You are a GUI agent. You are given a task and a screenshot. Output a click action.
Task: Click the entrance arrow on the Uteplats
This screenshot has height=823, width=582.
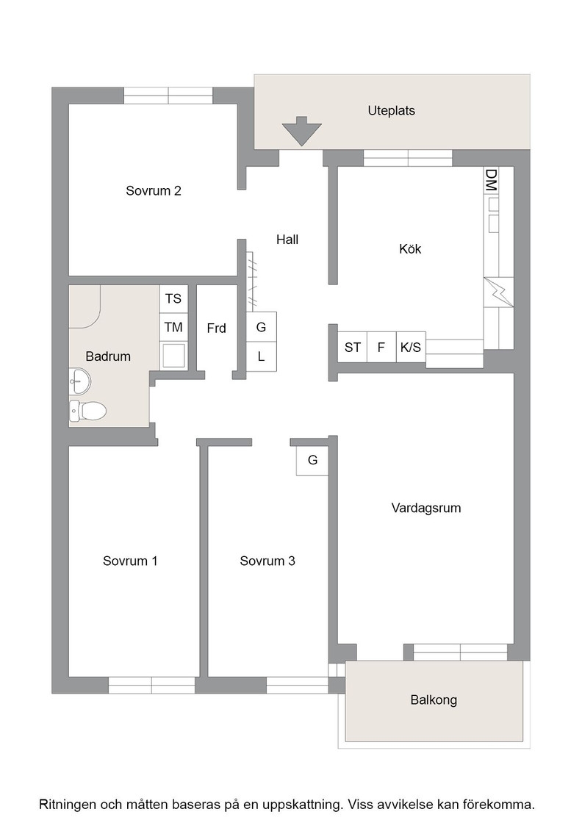(x=301, y=131)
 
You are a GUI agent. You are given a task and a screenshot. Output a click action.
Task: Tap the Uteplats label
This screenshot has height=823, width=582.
(x=392, y=111)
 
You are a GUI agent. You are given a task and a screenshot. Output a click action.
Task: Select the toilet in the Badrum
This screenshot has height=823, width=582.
(x=87, y=411)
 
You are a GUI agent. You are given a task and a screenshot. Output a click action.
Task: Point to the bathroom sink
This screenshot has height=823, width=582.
(x=80, y=381)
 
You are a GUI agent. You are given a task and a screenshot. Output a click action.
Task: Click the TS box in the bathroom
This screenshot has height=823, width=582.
(x=173, y=298)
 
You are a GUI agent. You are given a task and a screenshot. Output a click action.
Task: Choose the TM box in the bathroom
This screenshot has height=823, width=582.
(x=173, y=328)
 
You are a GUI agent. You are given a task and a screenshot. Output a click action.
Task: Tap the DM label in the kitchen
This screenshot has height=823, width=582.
(x=491, y=180)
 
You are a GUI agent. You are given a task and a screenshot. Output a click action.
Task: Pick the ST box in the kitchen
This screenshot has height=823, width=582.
(x=352, y=347)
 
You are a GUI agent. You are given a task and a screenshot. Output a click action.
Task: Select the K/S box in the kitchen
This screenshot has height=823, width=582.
(x=410, y=347)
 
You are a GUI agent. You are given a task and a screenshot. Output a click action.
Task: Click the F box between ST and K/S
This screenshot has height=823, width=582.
(x=381, y=347)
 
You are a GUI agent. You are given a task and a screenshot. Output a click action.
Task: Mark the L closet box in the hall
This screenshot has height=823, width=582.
(x=262, y=357)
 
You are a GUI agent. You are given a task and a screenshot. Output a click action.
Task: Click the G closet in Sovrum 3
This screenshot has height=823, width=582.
(x=312, y=460)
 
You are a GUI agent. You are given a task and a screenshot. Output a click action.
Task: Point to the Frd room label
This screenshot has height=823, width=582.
(x=216, y=328)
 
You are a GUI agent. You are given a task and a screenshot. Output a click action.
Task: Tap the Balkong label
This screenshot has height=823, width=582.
(x=434, y=700)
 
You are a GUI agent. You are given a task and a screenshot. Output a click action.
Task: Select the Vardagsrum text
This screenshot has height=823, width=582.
(x=426, y=508)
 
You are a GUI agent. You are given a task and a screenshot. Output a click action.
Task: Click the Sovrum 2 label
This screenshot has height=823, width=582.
(x=154, y=190)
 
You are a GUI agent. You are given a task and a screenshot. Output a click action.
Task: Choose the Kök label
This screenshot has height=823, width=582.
(x=410, y=249)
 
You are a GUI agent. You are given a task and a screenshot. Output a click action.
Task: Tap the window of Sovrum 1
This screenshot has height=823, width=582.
(x=151, y=685)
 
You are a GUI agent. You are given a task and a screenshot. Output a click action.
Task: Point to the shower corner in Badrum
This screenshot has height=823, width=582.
(x=85, y=306)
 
